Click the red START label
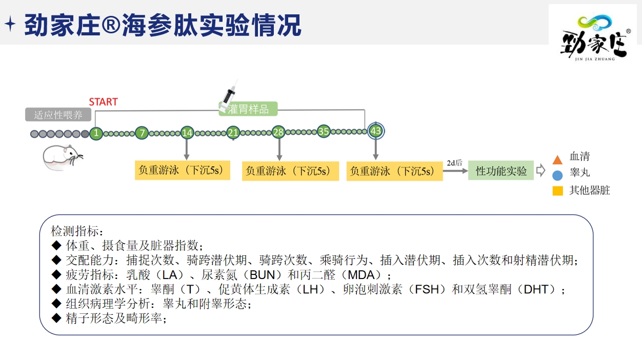tap(103, 102)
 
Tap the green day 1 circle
tap(96, 133)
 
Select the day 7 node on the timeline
tap(142, 133)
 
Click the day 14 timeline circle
tap(187, 133)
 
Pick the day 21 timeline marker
tap(233, 132)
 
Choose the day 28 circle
tap(278, 132)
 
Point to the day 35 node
tap(324, 131)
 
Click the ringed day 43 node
tap(375, 131)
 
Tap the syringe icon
tap(228, 95)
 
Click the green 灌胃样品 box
tap(248, 109)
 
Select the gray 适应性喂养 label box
tap(58, 114)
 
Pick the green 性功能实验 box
tap(500, 170)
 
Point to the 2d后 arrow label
tap(454, 163)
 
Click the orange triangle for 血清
tap(558, 159)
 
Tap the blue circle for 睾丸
tap(558, 175)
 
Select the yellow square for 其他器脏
tap(558, 191)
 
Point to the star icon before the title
tap(10, 24)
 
